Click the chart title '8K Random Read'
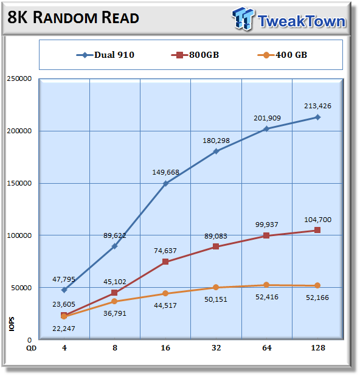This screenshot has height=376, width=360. click(73, 18)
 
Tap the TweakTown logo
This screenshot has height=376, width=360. click(289, 19)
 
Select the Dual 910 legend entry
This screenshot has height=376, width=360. click(105, 55)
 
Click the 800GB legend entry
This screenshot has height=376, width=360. click(195, 55)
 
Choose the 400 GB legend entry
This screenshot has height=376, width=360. click(282, 55)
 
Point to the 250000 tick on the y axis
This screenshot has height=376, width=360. click(19, 78)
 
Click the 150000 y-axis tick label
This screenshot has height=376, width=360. click(19, 183)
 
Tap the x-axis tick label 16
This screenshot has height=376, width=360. click(165, 347)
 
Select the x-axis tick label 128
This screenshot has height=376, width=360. click(318, 347)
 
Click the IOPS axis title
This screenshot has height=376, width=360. click(12, 324)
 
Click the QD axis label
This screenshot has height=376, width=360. click(31, 348)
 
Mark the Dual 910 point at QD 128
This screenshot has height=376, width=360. click(317, 117)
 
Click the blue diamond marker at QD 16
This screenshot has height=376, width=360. click(165, 184)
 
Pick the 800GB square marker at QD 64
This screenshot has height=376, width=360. click(266, 235)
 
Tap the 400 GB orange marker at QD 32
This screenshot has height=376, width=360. click(216, 287)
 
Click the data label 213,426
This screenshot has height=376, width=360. click(317, 106)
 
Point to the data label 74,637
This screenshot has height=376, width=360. click(165, 251)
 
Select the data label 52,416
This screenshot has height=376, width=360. click(267, 297)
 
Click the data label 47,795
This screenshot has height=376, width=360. click(64, 279)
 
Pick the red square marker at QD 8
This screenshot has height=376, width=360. click(114, 293)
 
